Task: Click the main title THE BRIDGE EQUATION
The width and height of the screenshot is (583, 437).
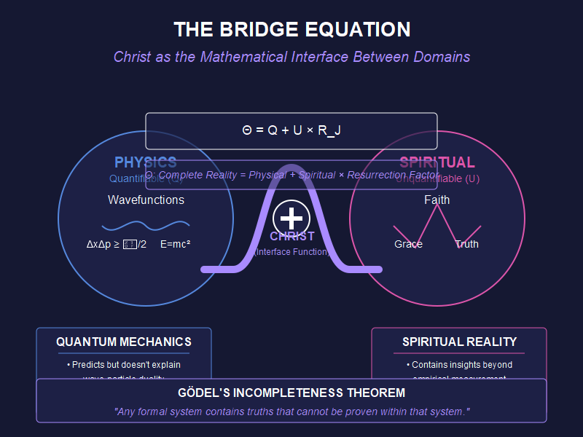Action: tap(291, 30)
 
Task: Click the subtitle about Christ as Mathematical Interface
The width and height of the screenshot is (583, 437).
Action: tap(291, 57)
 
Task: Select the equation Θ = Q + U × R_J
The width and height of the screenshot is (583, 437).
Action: tap(291, 130)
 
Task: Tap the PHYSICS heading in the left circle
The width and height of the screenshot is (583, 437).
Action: tap(146, 162)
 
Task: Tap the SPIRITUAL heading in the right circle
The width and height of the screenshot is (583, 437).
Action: tap(437, 162)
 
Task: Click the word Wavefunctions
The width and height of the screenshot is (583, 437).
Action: tap(146, 200)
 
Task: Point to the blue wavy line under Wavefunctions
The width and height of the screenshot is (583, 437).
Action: tap(146, 225)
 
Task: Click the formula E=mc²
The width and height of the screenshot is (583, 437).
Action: tap(175, 244)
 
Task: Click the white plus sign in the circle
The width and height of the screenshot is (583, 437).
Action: tap(291, 218)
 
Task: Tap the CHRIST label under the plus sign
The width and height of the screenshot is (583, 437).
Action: tap(291, 236)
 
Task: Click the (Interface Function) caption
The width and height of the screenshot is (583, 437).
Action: tap(291, 252)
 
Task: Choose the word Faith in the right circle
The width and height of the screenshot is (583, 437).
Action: tap(437, 200)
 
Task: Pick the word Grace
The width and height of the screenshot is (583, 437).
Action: tap(408, 244)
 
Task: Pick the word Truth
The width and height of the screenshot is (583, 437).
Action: tap(466, 244)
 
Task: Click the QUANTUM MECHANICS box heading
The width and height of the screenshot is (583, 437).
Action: tap(124, 342)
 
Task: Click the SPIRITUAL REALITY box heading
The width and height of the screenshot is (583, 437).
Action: tap(459, 342)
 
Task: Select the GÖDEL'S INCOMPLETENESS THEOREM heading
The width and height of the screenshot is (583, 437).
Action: tap(291, 393)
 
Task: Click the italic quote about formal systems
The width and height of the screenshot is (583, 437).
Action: tap(291, 412)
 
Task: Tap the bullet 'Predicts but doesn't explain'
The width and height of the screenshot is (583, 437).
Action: tap(124, 364)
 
